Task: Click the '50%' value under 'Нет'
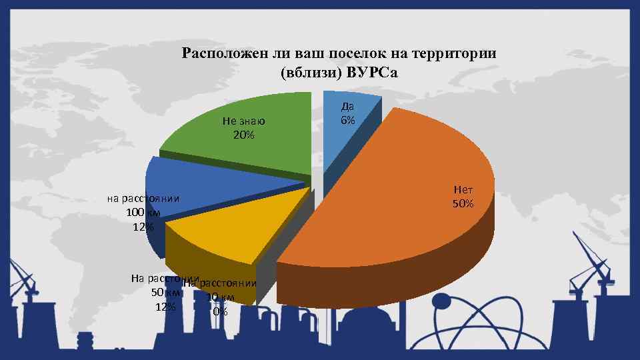pyautogui.click(x=463, y=203)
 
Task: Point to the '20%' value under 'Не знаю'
pyautogui.click(x=243, y=135)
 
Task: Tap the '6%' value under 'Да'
pyautogui.click(x=347, y=121)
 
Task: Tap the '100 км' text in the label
pyautogui.click(x=143, y=213)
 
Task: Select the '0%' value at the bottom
pyautogui.click(x=220, y=311)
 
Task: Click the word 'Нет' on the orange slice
pyautogui.click(x=463, y=191)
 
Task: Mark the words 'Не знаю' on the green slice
pyautogui.click(x=244, y=121)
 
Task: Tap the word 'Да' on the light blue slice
pyautogui.click(x=347, y=107)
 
